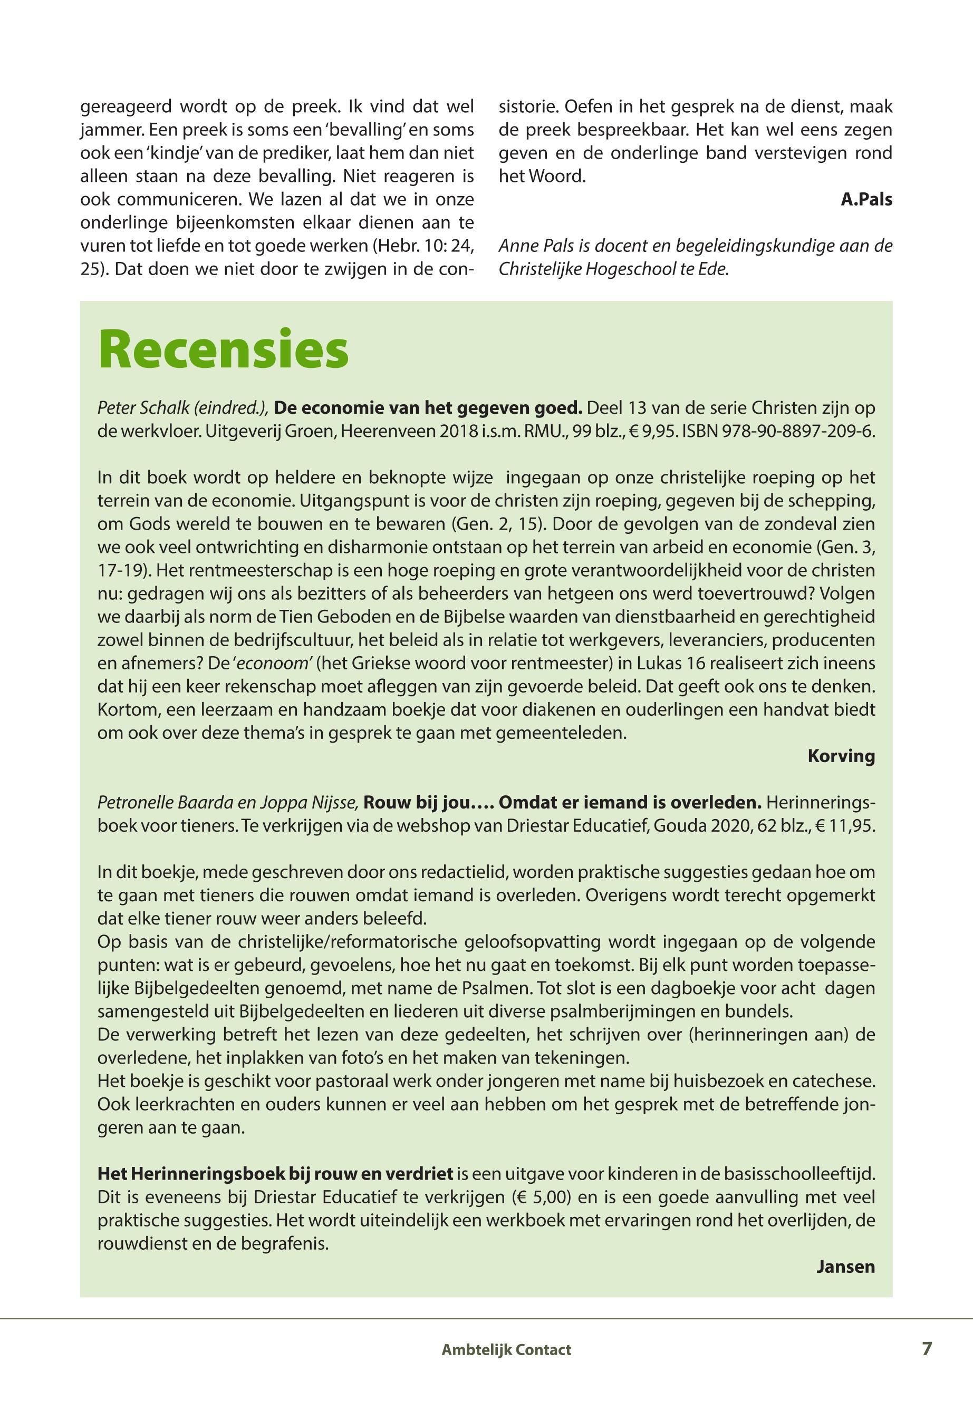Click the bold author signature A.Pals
click(866, 200)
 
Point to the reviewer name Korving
click(841, 756)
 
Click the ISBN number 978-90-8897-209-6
click(798, 431)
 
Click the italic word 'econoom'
click(285, 663)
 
